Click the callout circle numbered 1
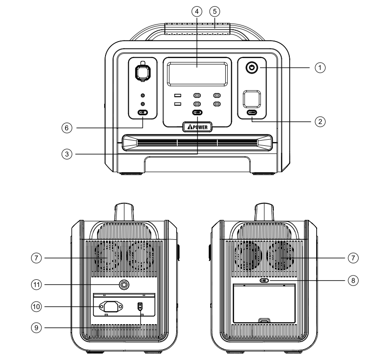[x=320, y=67]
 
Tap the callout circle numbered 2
[x=320, y=121]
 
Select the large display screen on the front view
[x=197, y=74]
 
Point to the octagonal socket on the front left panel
[x=143, y=73]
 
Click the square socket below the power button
[x=252, y=99]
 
